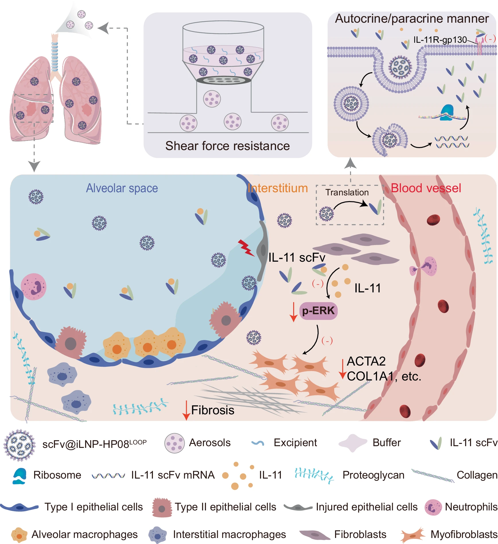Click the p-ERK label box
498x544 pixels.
click(x=318, y=311)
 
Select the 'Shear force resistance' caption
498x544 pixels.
click(x=227, y=146)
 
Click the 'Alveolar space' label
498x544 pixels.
click(x=122, y=188)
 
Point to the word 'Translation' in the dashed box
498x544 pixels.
click(x=347, y=192)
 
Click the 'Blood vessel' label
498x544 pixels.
click(x=426, y=188)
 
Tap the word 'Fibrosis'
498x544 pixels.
click(x=213, y=410)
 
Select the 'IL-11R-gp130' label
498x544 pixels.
click(x=440, y=40)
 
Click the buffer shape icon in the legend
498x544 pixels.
click(x=353, y=443)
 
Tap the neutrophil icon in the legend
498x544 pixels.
click(x=433, y=507)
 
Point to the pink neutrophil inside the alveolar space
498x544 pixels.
click(x=34, y=287)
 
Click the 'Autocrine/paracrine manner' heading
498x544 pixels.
click(x=412, y=19)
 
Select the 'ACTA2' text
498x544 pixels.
click(x=366, y=361)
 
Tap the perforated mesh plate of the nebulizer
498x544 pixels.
click(x=223, y=80)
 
